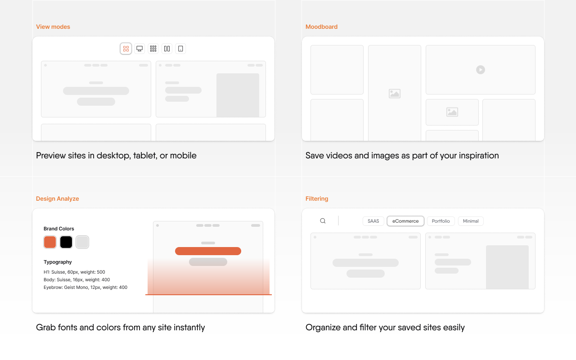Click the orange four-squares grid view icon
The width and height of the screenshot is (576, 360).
[126, 49]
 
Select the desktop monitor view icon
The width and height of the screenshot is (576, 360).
[139, 49]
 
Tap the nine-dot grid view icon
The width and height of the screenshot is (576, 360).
[153, 49]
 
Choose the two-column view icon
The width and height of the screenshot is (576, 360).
[167, 49]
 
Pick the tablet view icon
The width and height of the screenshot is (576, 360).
[180, 49]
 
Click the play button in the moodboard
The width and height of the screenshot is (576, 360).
[480, 70]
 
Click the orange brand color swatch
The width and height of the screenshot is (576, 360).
[50, 242]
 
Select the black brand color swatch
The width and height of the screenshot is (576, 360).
[66, 242]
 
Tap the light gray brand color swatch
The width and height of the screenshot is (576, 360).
[82, 242]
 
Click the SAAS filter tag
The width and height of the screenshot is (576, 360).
[373, 221]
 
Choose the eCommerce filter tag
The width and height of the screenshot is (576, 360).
[405, 221]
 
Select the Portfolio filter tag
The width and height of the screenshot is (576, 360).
[441, 221]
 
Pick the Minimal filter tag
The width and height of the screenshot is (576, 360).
[471, 221]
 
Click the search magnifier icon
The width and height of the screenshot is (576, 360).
[323, 221]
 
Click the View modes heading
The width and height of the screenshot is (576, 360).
[53, 27]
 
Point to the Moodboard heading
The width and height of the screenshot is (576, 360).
[321, 27]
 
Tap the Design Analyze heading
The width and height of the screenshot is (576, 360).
[57, 199]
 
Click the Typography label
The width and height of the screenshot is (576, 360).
[58, 262]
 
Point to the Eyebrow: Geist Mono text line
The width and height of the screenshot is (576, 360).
[85, 287]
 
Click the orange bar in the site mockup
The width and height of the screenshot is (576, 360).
[208, 251]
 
